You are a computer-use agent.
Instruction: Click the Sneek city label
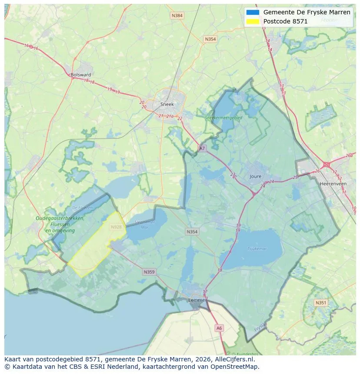167,104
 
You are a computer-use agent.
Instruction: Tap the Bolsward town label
81,75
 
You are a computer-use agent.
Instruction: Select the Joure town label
256,176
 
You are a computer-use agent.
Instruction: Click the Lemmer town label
197,300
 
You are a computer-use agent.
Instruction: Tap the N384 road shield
177,16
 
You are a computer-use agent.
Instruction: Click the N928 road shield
116,227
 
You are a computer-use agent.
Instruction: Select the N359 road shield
149,272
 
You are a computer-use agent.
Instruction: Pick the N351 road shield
321,303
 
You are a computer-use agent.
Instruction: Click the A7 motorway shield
202,148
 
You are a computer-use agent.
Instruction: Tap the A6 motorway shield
219,328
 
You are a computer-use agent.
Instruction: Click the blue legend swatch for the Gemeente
252,12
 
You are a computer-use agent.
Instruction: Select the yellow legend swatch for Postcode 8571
252,21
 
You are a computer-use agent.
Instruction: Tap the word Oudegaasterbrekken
60,218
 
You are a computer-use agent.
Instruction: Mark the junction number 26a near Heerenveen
349,156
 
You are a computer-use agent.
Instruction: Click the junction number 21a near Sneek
170,116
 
